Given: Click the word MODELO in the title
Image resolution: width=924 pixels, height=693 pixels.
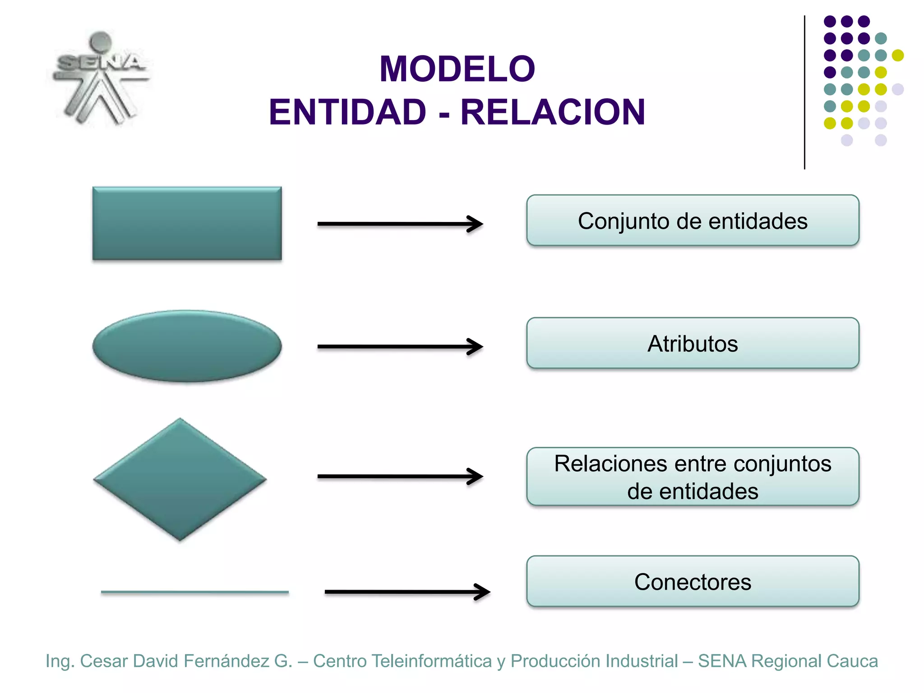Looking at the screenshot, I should point(457,69).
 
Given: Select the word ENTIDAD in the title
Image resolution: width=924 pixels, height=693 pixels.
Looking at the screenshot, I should point(347,112).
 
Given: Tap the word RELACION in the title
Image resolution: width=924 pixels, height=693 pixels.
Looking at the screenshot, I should point(553,112).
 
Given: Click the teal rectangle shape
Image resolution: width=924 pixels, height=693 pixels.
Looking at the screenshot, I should point(187,223).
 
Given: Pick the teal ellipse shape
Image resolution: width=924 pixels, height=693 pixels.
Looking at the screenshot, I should point(187,346).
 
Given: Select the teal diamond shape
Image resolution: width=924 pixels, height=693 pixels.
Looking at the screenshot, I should point(180,479).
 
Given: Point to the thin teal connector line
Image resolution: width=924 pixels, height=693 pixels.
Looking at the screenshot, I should point(194,592).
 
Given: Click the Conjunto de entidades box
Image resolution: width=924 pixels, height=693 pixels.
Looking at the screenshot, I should point(693,221).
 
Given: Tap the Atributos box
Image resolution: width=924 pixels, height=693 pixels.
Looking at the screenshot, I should point(693,343).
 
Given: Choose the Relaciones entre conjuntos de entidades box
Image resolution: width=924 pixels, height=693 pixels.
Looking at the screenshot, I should point(693,477).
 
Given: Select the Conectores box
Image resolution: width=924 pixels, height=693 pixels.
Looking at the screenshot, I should point(693,582).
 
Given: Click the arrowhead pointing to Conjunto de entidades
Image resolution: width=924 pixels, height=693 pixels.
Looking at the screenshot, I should point(476,224).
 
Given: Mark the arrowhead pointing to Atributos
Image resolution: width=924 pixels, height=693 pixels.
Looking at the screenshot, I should point(476,346).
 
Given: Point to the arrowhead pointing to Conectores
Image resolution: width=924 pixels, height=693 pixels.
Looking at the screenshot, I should point(483,592).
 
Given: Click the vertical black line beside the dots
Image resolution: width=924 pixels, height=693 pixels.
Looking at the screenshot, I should point(804,92).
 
